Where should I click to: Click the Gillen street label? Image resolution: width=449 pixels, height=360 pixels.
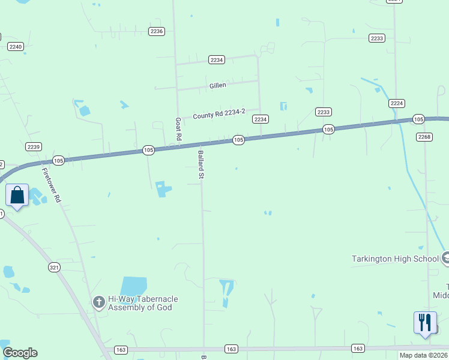[x=218, y=85]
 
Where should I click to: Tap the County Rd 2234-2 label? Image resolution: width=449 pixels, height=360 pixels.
[x=219, y=115]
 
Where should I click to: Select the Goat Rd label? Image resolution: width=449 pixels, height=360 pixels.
[x=178, y=129]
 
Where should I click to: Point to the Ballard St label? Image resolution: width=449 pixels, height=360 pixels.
[x=202, y=165]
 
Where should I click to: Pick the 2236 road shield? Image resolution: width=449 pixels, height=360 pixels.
[x=157, y=31]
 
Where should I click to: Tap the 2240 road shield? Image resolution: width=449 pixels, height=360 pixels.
[x=16, y=46]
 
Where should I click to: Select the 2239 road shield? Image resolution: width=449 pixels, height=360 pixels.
[x=34, y=146]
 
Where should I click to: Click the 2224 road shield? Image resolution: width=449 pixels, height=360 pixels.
[x=396, y=103]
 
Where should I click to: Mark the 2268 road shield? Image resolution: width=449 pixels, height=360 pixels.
[x=424, y=137]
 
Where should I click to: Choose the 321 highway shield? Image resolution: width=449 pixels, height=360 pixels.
[x=55, y=268]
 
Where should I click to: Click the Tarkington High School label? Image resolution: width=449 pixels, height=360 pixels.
[x=396, y=259]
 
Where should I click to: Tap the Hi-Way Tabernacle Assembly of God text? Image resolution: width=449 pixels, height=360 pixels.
[x=143, y=303]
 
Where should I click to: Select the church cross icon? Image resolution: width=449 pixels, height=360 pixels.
[x=98, y=302]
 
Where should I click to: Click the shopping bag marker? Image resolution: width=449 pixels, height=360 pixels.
[x=17, y=196]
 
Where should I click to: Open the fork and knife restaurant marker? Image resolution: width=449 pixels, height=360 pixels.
[x=425, y=323]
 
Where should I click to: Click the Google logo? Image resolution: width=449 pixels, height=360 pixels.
[x=20, y=352]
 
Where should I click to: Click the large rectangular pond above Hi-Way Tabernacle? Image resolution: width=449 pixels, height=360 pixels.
[x=134, y=286]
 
